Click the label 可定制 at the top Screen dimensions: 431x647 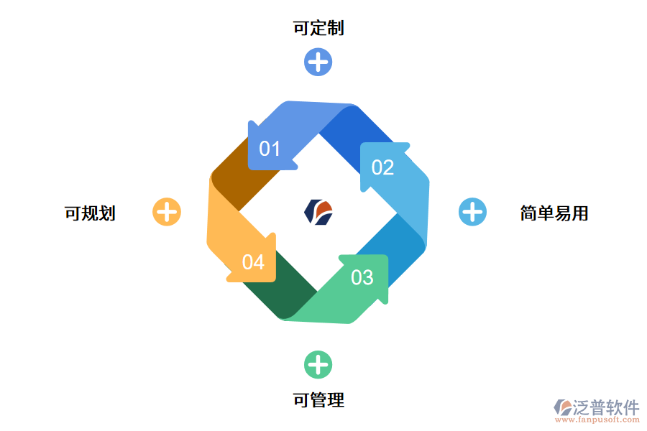point(318,28)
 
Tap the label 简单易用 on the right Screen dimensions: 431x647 point(554,213)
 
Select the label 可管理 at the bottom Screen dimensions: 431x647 point(318,400)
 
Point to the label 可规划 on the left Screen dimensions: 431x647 point(90,213)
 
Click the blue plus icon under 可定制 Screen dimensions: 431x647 point(318,62)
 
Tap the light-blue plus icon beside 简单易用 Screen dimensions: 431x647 point(472,212)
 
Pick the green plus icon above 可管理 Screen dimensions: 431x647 point(318,364)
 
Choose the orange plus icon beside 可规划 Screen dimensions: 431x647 point(167,212)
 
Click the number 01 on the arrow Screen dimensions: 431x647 point(270,149)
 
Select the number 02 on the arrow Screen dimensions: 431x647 point(382,167)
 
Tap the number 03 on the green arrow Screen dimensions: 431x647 point(362,277)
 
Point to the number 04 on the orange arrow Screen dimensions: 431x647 point(253,262)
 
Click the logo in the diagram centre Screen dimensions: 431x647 point(318,212)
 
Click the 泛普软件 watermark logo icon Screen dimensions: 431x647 point(562,407)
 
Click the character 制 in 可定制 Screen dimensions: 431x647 point(336,28)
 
